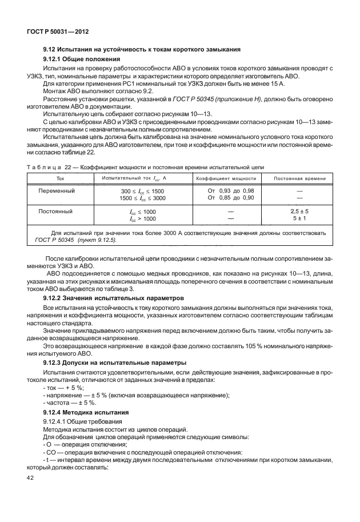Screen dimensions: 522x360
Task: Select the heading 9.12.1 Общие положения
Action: [82, 59]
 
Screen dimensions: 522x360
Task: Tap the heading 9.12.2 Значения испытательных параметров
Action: [114, 298]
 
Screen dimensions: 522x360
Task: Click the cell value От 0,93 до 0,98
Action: [231, 190]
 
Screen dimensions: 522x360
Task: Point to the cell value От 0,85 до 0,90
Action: [231, 197]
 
